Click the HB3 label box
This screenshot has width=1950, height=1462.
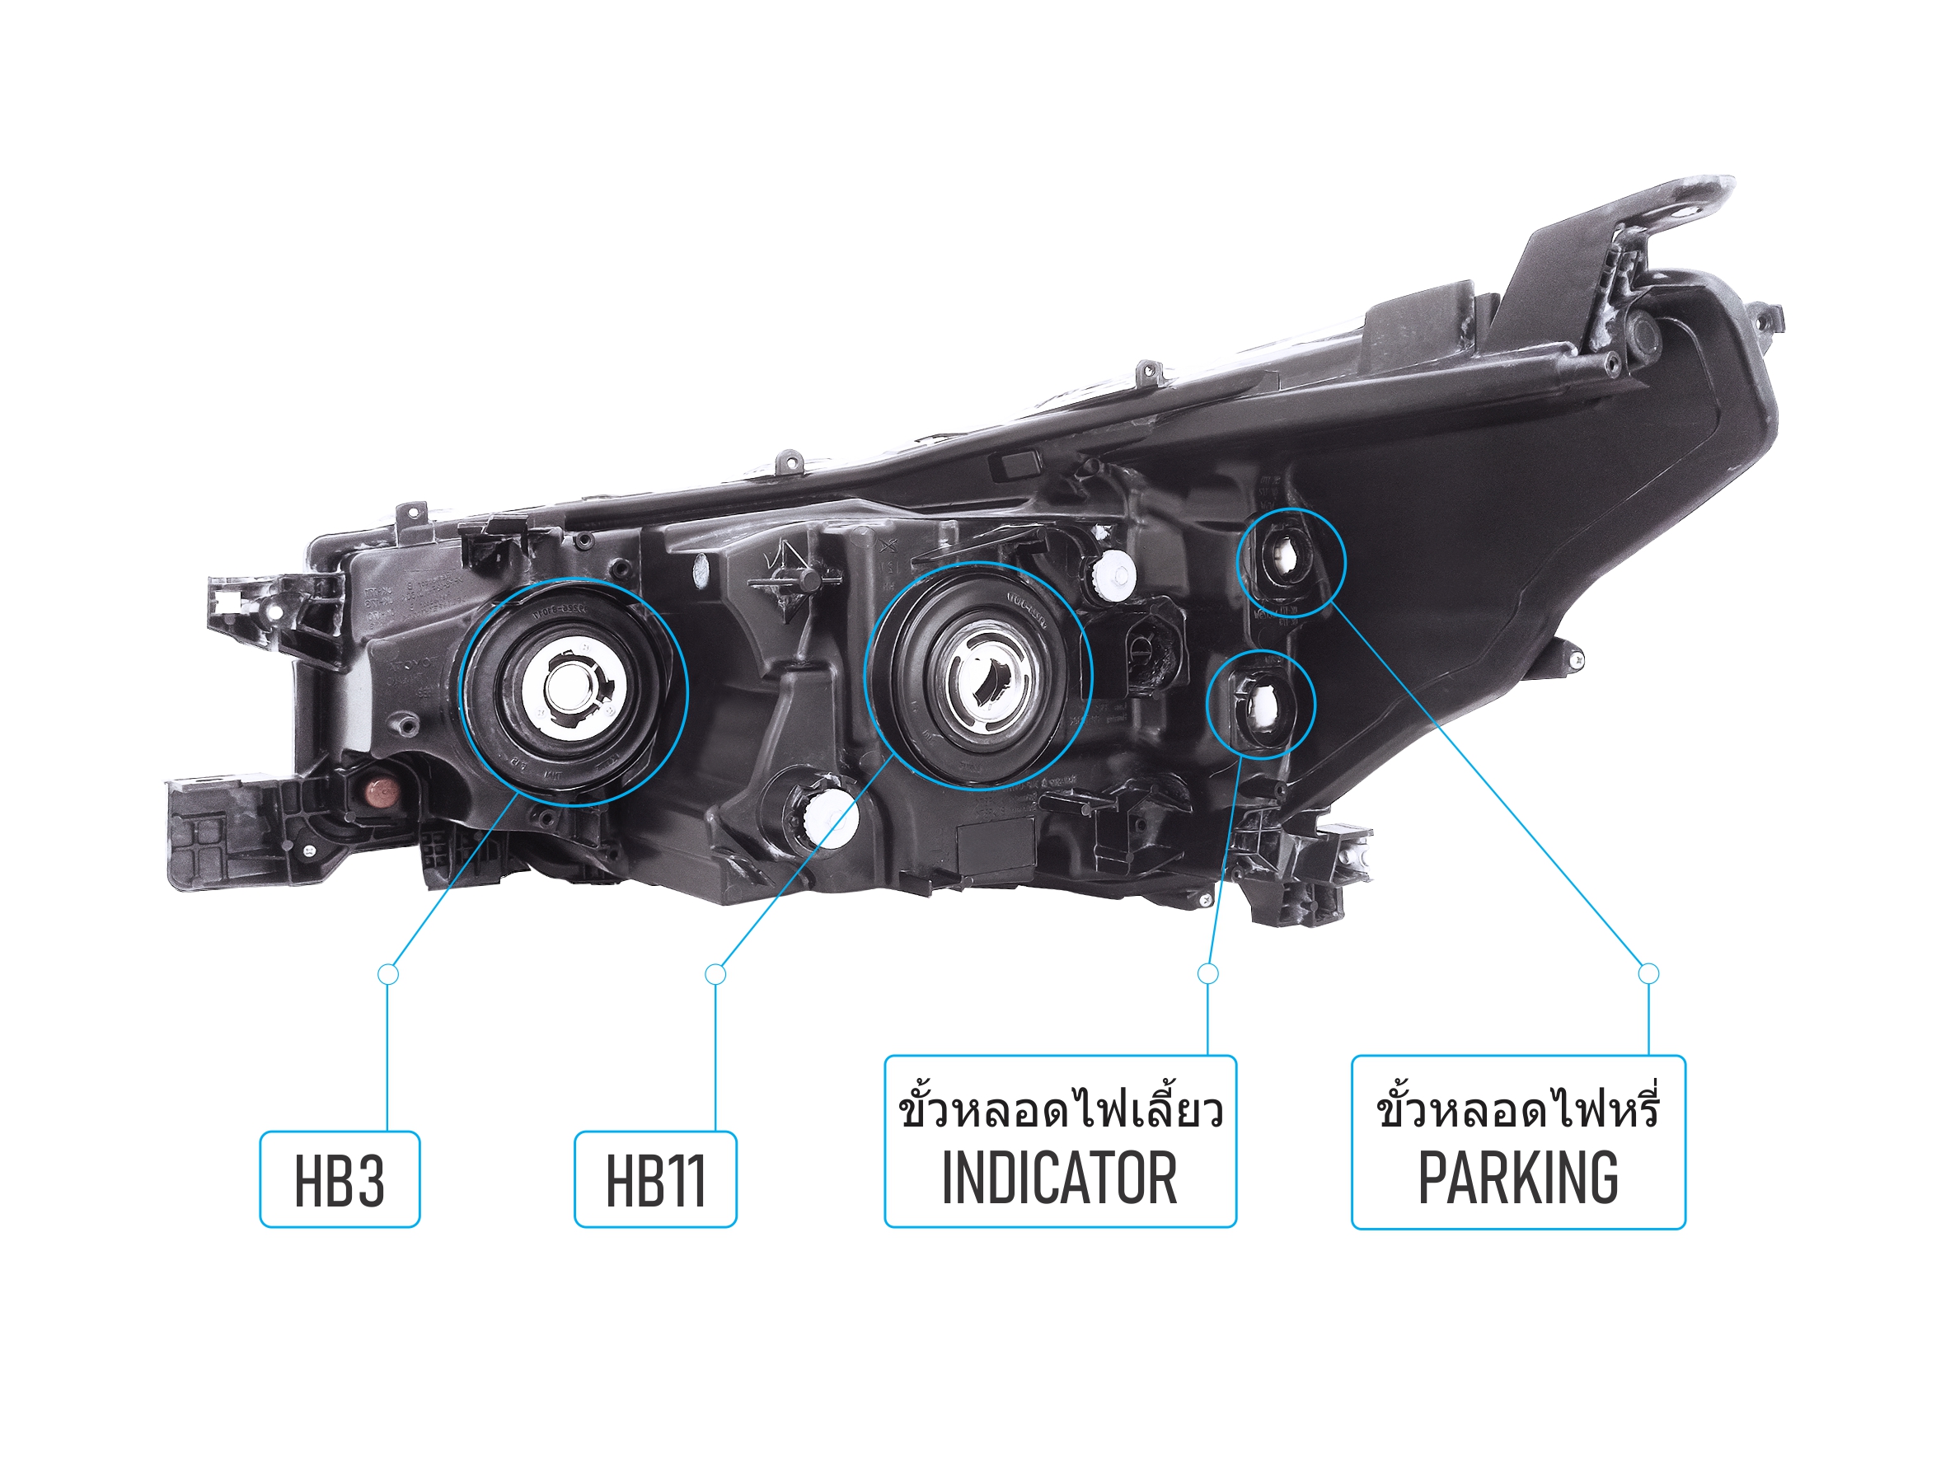pyautogui.click(x=340, y=1180)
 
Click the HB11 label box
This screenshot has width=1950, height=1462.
pyautogui.click(x=655, y=1180)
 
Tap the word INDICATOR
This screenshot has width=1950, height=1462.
pyautogui.click(x=1059, y=1179)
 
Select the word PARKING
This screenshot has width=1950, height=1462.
pyautogui.click(x=1517, y=1179)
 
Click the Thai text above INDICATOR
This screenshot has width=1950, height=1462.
pyautogui.click(x=1059, y=1109)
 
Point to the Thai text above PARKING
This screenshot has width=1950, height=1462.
pyautogui.click(x=1517, y=1109)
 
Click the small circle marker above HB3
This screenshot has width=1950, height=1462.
pyautogui.click(x=388, y=974)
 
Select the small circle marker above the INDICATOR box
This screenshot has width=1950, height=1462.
pyautogui.click(x=1207, y=973)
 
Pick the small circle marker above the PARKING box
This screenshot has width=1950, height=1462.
pyautogui.click(x=1648, y=973)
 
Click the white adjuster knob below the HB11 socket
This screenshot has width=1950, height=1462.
pyautogui.click(x=827, y=816)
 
